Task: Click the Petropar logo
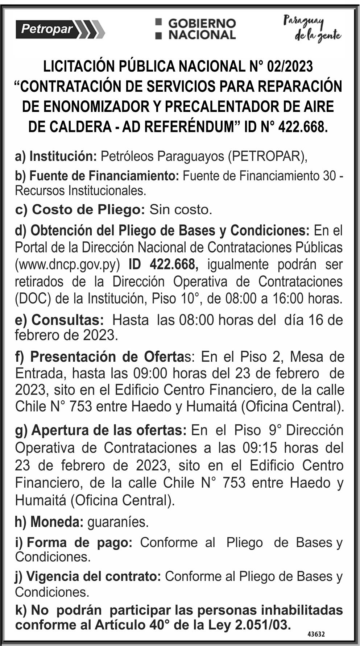click(x=60, y=29)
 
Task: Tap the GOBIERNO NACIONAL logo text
click(x=196, y=29)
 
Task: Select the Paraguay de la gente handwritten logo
click(x=312, y=29)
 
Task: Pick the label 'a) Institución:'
click(x=56, y=156)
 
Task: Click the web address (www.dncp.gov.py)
click(x=67, y=264)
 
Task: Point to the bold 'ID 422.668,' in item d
click(x=164, y=264)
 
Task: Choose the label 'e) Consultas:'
click(x=59, y=320)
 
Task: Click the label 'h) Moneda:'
click(x=49, y=522)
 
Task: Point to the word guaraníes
click(x=118, y=522)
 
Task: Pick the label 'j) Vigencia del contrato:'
click(x=88, y=576)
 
